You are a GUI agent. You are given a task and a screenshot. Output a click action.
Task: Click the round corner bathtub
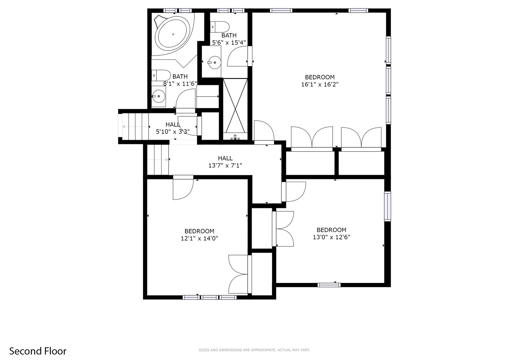(173, 34)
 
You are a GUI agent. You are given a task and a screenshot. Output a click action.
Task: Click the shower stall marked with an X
(235, 105)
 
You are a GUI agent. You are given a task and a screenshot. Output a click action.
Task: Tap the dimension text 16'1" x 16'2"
(320, 85)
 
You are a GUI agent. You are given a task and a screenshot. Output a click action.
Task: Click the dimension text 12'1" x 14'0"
(199, 238)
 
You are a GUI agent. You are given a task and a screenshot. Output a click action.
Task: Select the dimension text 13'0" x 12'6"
(331, 237)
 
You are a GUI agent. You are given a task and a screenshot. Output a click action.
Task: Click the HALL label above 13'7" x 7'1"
(225, 158)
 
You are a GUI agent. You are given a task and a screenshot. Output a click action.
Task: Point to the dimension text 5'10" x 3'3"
(173, 132)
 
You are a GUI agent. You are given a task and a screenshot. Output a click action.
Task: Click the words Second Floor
(38, 351)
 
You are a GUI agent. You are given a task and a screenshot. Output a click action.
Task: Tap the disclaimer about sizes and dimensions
(254, 350)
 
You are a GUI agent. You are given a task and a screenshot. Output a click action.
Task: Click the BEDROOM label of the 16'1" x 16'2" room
(320, 77)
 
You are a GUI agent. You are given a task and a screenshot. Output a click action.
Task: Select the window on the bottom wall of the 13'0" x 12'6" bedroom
(329, 285)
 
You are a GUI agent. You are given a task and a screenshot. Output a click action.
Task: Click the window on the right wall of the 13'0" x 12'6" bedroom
(387, 207)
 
